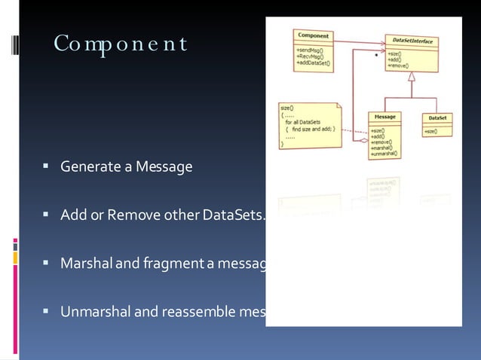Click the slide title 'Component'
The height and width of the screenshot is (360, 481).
(120, 45)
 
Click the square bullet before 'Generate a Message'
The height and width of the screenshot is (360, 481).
(47, 166)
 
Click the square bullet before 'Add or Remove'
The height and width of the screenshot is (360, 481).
(47, 217)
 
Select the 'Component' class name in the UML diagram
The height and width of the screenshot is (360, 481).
(313, 35)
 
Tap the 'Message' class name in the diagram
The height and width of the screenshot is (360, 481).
(385, 117)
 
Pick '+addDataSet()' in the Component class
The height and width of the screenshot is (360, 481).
(313, 63)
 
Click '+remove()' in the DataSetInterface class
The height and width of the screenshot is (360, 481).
(399, 66)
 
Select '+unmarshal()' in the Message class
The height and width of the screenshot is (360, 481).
(387, 153)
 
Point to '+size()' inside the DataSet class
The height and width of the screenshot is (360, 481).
(432, 132)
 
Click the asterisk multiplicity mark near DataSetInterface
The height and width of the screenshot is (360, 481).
(375, 56)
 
